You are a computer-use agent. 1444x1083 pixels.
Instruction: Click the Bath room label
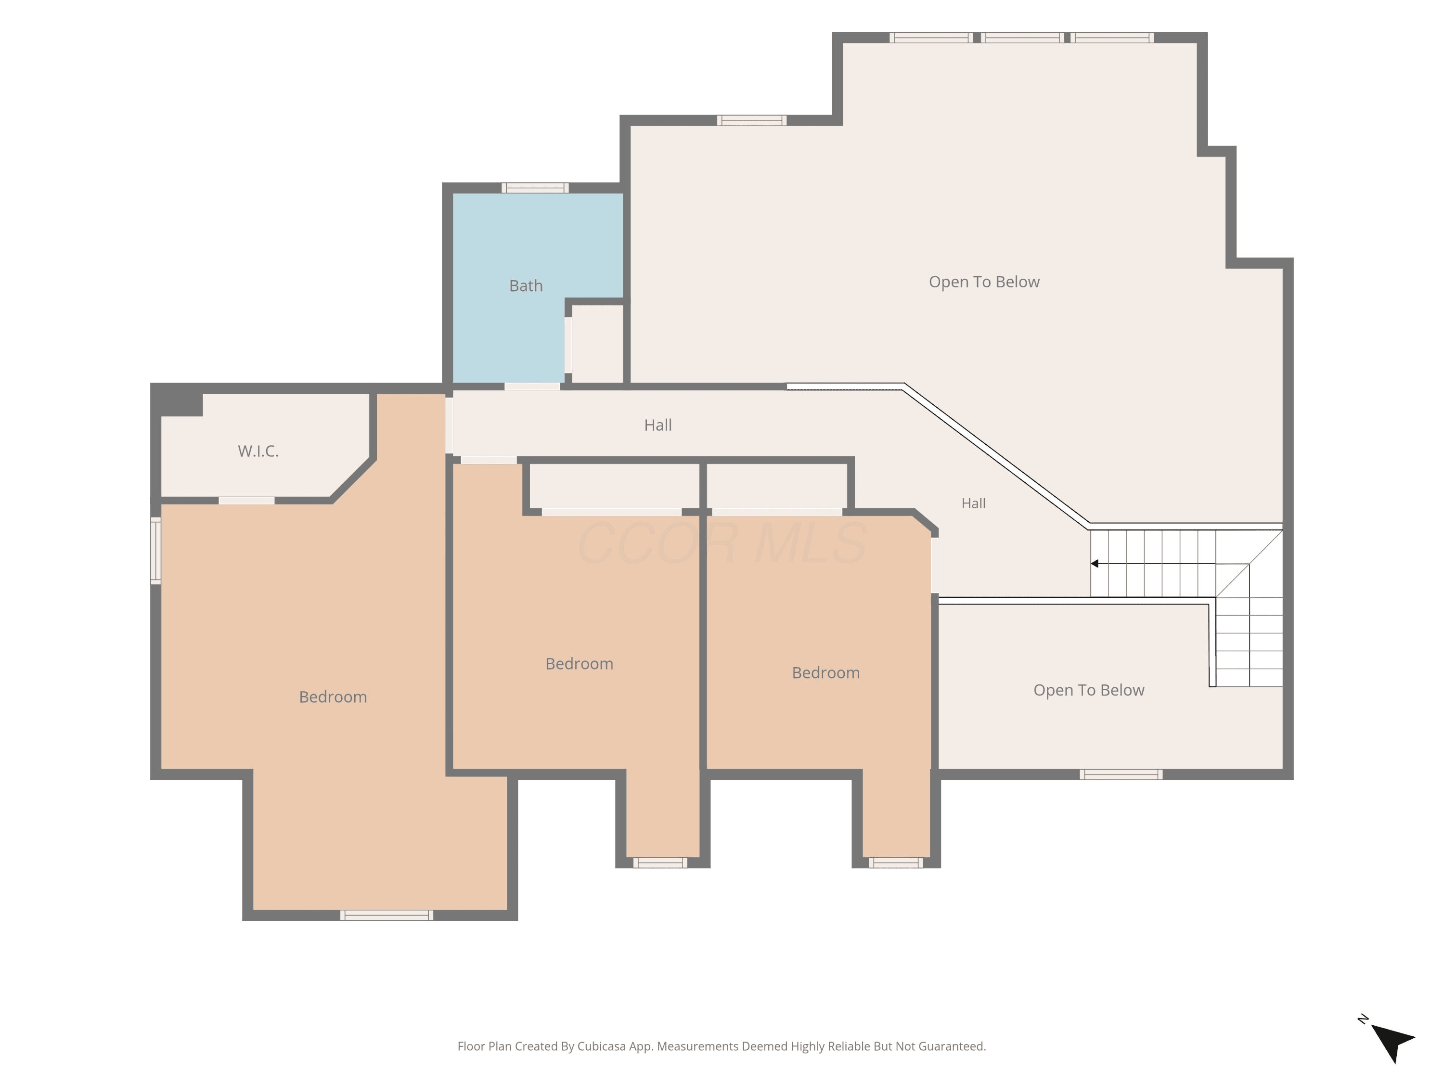526,286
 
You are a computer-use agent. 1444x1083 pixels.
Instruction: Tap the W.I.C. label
258,451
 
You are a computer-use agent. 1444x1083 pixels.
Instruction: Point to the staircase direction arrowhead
1095,563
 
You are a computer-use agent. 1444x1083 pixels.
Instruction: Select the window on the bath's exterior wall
535,188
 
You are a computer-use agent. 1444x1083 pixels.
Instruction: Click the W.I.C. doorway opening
246,501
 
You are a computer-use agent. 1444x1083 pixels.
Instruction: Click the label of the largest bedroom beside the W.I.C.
333,697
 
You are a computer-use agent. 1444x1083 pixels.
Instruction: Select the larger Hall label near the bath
658,425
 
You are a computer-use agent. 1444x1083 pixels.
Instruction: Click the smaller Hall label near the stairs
973,503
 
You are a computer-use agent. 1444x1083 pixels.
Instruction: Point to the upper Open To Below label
984,282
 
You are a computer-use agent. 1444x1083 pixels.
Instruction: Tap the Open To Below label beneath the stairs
1088,690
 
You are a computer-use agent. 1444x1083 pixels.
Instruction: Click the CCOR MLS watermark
722,542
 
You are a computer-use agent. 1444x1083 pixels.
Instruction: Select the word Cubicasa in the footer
601,1046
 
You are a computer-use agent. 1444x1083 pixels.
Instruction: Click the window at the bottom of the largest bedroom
387,915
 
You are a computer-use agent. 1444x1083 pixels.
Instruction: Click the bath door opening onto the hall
532,387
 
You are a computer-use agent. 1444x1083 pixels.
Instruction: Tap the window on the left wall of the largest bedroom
156,550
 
